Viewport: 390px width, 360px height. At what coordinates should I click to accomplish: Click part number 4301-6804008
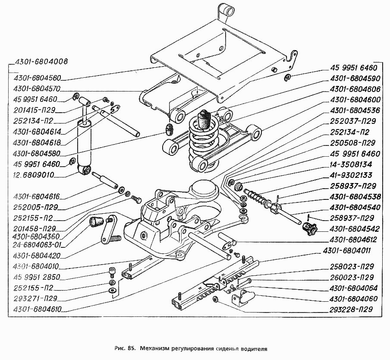click(41, 61)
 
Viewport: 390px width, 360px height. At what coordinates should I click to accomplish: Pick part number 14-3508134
click(351, 164)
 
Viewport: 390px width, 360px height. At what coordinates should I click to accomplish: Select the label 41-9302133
click(351, 175)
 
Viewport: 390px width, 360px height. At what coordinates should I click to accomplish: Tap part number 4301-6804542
click(355, 229)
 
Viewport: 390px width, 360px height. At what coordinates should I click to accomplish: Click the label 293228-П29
click(351, 309)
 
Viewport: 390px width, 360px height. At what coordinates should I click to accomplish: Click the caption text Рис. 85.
click(126, 347)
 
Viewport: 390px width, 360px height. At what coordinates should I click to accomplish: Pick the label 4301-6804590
click(355, 79)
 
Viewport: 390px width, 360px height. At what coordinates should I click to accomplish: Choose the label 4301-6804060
click(355, 298)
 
